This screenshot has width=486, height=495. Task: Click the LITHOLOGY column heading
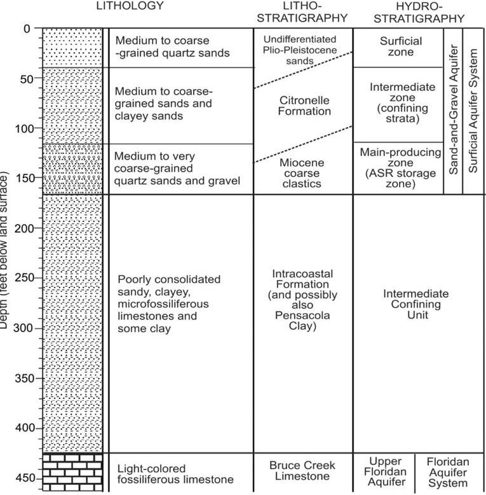click(130, 6)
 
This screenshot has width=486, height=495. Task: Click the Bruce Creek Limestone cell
click(302, 470)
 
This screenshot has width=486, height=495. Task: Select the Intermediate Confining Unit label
click(415, 305)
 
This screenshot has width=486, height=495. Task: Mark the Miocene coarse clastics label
click(302, 174)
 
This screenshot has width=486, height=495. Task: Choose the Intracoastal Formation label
click(302, 300)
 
